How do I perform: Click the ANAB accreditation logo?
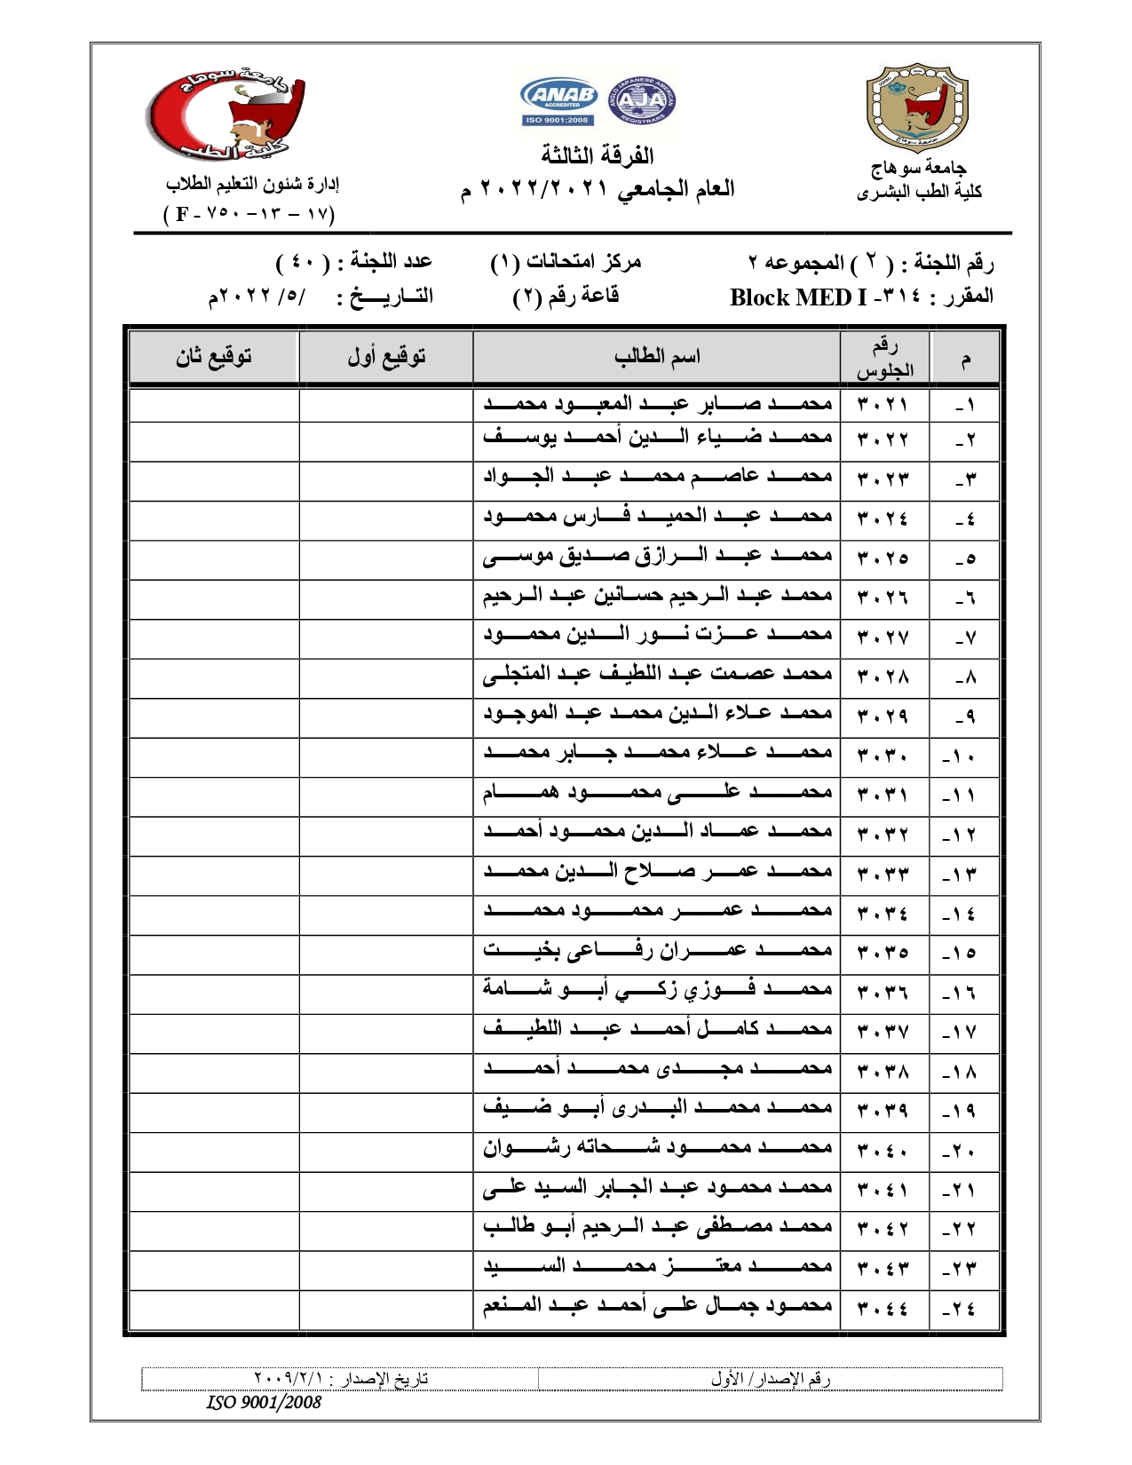coord(558,100)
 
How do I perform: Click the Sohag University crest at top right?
coord(917,107)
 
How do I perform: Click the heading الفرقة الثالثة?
coord(598,156)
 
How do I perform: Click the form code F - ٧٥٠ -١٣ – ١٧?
coord(249,214)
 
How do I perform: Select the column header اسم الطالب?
coord(657,357)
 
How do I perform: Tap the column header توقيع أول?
coord(386,357)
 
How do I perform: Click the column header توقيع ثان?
coord(213,357)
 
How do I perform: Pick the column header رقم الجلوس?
coord(884,358)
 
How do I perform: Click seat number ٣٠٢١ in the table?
coord(883,405)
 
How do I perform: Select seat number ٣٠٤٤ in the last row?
coord(883,1308)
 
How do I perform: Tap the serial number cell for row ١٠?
coord(961,756)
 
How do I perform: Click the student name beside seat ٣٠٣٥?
coord(657,951)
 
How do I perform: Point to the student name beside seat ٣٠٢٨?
coord(657,675)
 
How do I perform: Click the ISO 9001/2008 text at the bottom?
coord(264,1402)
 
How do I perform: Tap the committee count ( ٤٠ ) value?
coord(302,263)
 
